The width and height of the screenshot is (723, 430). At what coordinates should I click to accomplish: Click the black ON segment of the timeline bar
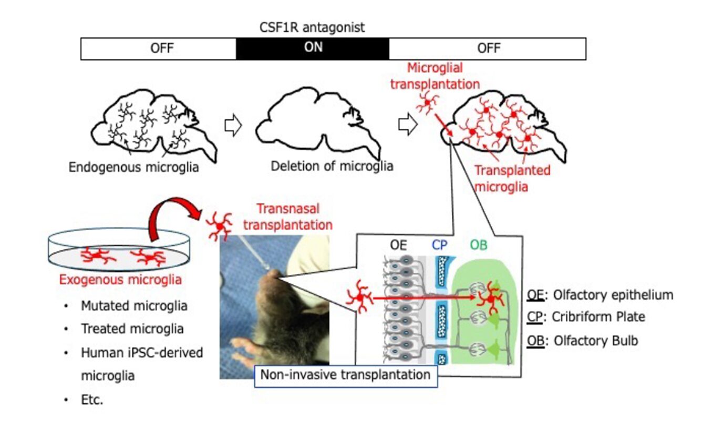click(x=313, y=48)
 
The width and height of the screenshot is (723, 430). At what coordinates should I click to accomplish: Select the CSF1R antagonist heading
click(x=312, y=28)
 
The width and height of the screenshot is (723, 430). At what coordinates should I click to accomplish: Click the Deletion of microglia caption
click(x=332, y=166)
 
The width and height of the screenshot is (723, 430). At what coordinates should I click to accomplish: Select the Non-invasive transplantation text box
click(x=346, y=375)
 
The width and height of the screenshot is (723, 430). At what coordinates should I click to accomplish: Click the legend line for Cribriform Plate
click(x=585, y=317)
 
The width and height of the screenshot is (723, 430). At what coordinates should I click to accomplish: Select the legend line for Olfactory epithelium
click(x=600, y=294)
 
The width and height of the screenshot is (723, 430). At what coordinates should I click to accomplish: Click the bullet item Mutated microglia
click(x=134, y=305)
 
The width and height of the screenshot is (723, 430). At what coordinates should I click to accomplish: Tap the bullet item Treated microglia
click(x=132, y=329)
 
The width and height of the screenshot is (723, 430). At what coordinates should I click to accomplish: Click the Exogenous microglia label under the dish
click(x=120, y=280)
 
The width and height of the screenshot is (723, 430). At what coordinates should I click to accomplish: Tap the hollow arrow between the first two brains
click(x=232, y=127)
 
